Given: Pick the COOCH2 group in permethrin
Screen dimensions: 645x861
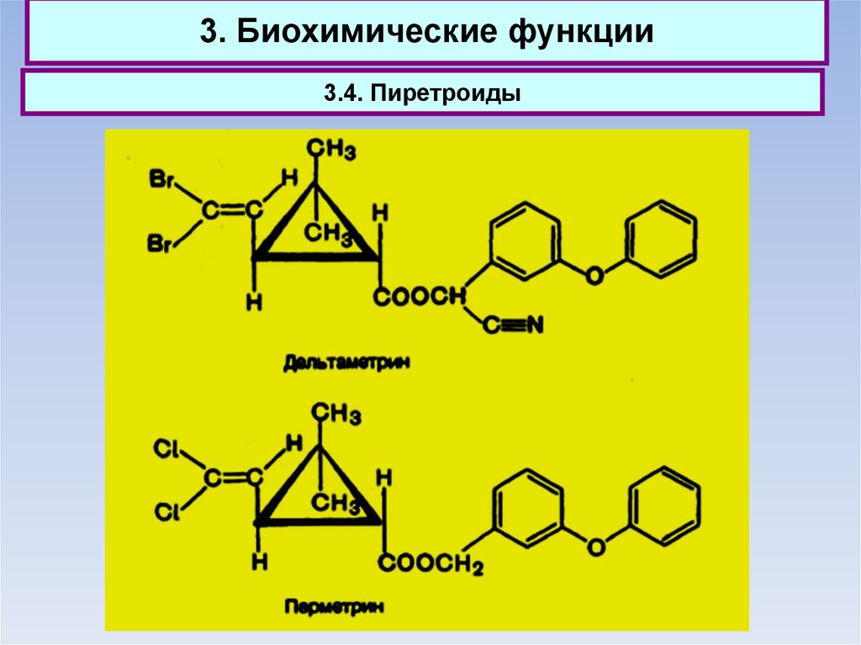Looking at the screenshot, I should (430, 564).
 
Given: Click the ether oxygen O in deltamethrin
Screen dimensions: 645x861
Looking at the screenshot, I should (594, 275).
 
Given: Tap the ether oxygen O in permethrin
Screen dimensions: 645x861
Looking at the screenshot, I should (596, 547).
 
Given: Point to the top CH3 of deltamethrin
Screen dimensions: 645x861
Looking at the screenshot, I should (330, 151).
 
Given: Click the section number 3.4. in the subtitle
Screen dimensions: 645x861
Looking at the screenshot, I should (340, 93).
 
